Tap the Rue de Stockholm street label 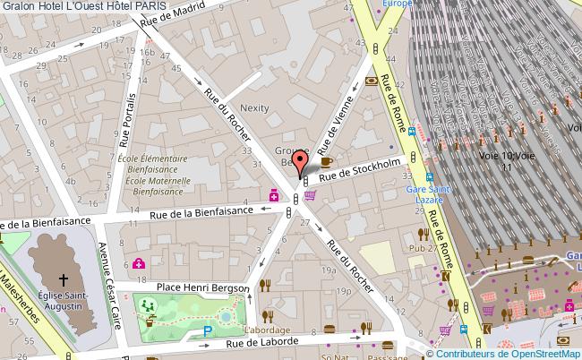coord(359,169)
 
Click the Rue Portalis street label coord(126,119)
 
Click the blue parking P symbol coord(209,330)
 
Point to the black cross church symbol coord(64,279)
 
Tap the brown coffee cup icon coord(327,161)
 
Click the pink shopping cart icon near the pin coord(310,195)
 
